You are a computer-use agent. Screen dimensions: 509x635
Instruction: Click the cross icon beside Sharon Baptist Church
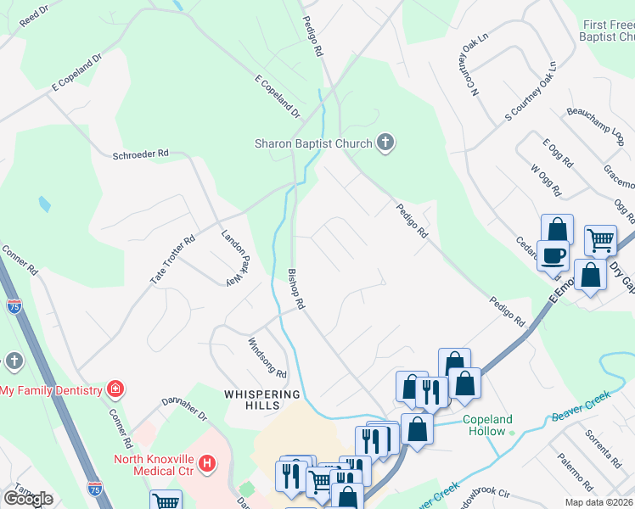(385, 143)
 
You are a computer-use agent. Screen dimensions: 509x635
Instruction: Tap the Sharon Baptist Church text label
(313, 143)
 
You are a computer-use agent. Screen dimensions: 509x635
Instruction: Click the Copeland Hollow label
(488, 426)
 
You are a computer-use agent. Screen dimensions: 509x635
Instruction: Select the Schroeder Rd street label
(141, 154)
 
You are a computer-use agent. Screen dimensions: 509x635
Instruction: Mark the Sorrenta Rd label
(604, 446)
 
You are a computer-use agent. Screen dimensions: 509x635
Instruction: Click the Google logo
(28, 499)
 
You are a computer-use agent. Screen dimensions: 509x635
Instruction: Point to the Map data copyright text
(598, 502)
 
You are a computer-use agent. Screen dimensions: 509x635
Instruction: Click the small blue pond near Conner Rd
(43, 204)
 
